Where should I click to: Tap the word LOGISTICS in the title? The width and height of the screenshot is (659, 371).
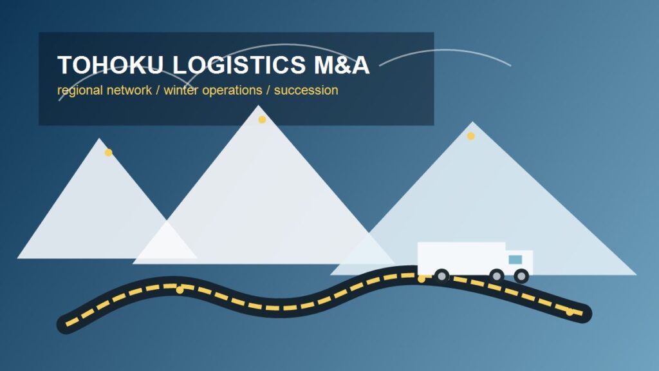pyautogui.click(x=239, y=65)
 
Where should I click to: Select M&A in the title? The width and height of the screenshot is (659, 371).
pyautogui.click(x=342, y=65)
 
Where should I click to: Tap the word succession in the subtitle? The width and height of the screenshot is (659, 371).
pyautogui.click(x=306, y=90)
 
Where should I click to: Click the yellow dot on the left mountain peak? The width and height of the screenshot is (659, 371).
pyautogui.click(x=108, y=152)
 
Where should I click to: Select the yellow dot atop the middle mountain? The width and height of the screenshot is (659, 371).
pyautogui.click(x=262, y=119)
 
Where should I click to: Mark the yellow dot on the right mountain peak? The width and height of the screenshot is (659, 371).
pyautogui.click(x=470, y=136)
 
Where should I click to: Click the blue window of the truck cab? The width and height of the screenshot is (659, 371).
pyautogui.click(x=515, y=260)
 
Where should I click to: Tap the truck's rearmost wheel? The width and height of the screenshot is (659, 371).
pyautogui.click(x=441, y=276)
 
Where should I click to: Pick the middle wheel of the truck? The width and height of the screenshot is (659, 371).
pyautogui.click(x=497, y=276)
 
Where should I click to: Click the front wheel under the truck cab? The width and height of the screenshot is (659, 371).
pyautogui.click(x=521, y=276)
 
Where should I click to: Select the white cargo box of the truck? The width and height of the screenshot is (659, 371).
pyautogui.click(x=461, y=258)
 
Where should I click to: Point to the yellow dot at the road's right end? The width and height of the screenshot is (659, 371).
pyautogui.click(x=570, y=312)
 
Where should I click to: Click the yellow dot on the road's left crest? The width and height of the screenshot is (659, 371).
pyautogui.click(x=180, y=290)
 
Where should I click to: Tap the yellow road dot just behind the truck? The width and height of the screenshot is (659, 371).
pyautogui.click(x=422, y=279)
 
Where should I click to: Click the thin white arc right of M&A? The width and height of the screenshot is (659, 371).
pyautogui.click(x=445, y=50)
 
